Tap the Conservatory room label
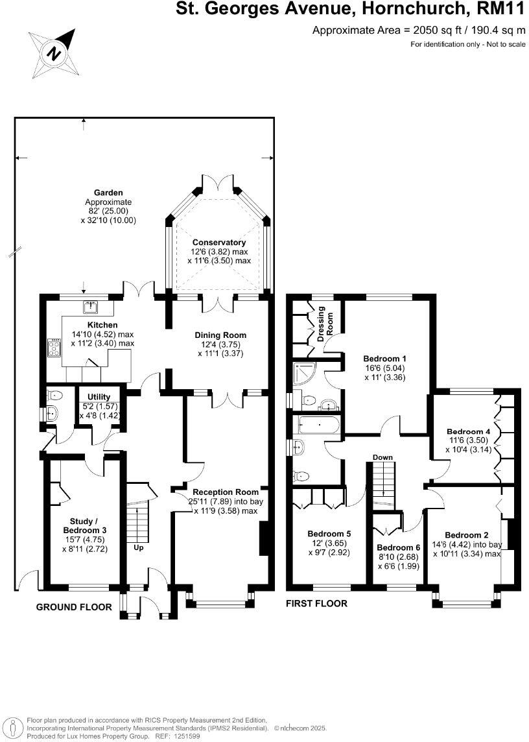pyautogui.click(x=220, y=243)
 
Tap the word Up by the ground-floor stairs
pyautogui.click(x=139, y=547)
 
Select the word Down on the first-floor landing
pyautogui.click(x=382, y=457)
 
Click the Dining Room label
pyautogui.click(x=220, y=335)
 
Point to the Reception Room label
pyautogui.click(x=220, y=491)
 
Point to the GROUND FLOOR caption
pyautogui.click(x=74, y=607)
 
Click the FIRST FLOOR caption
pyautogui.click(x=316, y=603)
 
